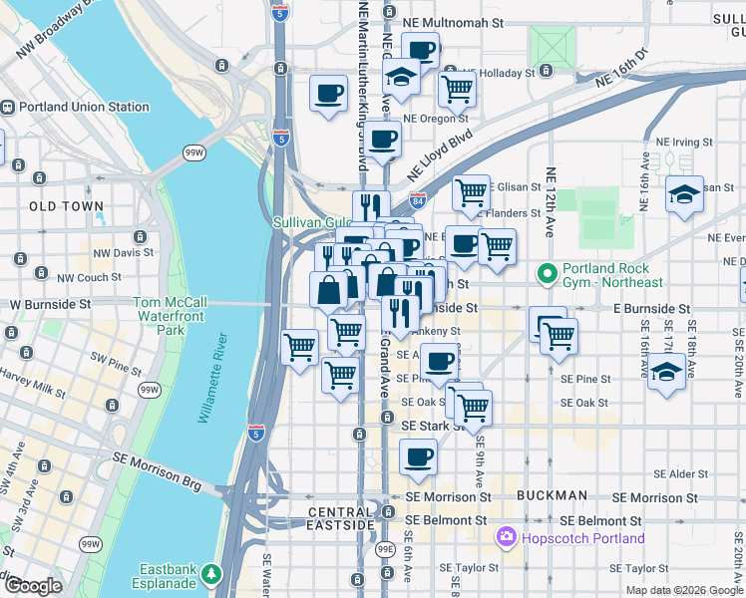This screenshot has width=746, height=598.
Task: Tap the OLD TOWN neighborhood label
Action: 66,206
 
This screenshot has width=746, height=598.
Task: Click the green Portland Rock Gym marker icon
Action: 547,271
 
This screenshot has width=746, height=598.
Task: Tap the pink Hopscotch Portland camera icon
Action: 506,538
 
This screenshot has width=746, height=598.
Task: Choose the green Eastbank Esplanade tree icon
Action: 210,574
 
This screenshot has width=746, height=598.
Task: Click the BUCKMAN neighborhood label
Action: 552,495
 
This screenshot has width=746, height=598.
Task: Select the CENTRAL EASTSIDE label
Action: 341,518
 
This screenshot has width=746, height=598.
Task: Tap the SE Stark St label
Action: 431,426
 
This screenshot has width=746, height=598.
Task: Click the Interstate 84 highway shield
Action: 417,200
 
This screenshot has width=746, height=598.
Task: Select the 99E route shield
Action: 386,549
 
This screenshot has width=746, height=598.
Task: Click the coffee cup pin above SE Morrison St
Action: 418,458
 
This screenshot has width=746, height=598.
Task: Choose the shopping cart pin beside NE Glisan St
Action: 471,190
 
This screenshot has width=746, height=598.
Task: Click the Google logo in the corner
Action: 33,586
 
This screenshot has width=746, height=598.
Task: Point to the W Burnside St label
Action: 50,303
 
